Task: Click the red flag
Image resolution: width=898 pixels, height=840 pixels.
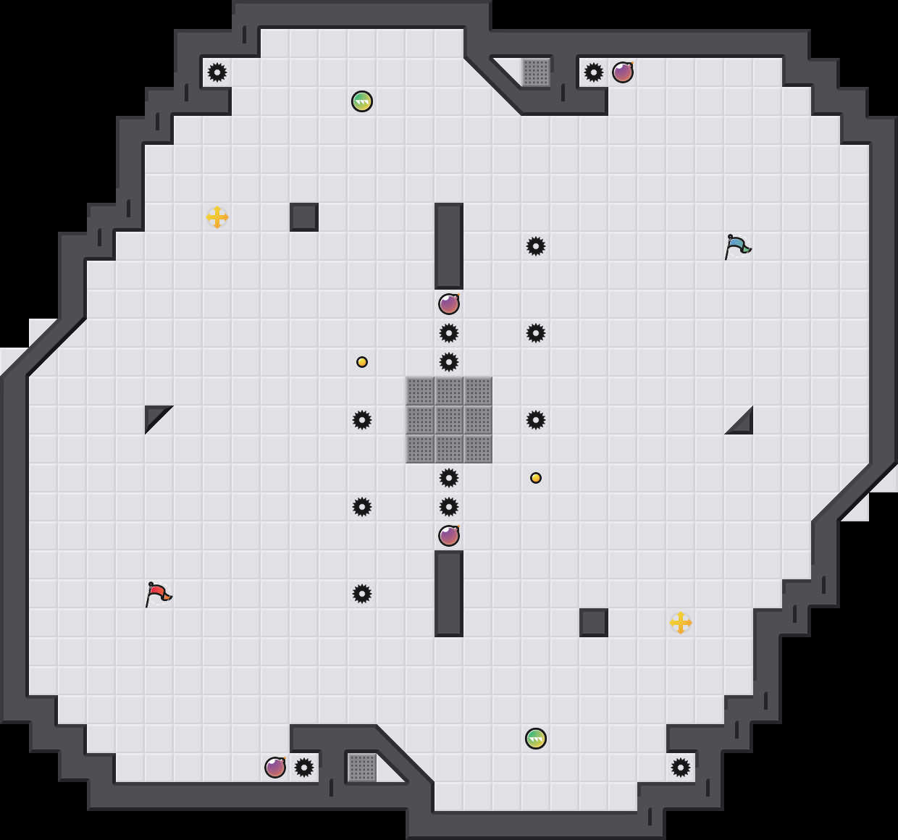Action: (158, 594)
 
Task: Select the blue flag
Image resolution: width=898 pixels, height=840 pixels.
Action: (737, 246)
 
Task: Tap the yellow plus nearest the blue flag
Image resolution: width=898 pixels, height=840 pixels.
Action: (681, 623)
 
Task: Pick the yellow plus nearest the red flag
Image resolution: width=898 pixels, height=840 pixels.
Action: (217, 217)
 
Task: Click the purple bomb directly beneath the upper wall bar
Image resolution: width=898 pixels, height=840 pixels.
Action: (449, 304)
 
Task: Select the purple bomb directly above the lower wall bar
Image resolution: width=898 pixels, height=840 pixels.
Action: (449, 536)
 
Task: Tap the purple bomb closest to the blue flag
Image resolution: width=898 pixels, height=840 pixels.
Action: (623, 72)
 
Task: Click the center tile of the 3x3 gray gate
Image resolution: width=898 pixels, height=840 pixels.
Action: (449, 420)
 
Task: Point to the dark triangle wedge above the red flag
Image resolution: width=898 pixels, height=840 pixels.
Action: (154, 415)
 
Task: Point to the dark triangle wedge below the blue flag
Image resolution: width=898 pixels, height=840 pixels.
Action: (744, 425)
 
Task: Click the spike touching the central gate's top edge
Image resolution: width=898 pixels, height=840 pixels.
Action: (449, 362)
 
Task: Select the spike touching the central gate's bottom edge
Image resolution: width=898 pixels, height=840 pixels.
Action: (449, 478)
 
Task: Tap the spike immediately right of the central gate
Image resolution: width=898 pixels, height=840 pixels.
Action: (536, 420)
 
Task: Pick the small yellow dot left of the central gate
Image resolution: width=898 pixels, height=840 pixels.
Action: (362, 362)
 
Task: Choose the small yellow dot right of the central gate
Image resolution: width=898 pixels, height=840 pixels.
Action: (536, 478)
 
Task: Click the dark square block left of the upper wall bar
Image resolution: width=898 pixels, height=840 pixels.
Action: (304, 217)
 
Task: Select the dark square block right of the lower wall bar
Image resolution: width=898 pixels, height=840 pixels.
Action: (594, 623)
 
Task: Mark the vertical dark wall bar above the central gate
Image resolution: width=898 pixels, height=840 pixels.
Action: (449, 246)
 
